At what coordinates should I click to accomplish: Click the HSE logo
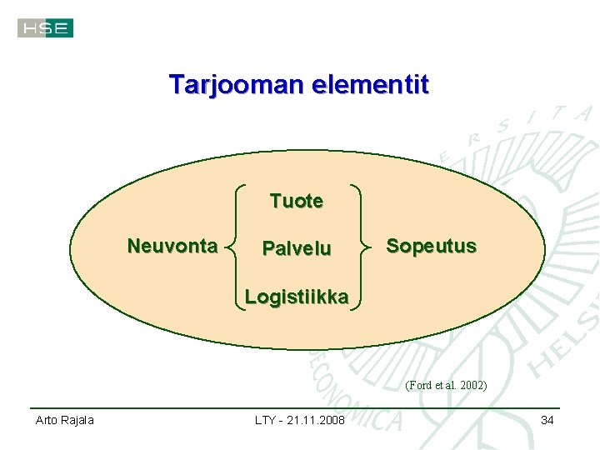45,28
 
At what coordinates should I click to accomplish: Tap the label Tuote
296,201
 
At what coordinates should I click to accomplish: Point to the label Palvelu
296,248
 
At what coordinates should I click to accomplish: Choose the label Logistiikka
296,297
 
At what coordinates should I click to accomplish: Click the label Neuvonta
172,246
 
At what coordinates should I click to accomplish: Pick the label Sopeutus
431,246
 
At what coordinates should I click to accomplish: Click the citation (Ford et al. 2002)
446,386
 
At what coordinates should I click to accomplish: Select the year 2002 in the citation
472,386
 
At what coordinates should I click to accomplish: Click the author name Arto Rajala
64,420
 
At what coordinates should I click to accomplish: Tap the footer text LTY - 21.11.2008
299,420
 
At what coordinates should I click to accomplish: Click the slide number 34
547,420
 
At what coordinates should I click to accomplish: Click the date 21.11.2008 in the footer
316,420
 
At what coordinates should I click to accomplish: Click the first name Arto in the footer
46,420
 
